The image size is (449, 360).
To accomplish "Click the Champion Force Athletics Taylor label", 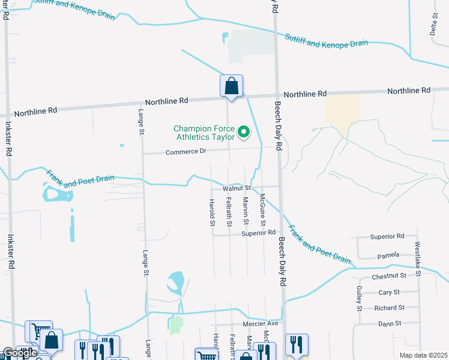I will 204,133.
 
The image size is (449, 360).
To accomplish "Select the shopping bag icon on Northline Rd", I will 231,86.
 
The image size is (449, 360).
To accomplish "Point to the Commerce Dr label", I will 185,151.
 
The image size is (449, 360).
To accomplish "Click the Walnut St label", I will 236,188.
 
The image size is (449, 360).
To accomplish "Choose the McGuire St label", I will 262,206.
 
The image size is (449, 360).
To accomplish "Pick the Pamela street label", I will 388,256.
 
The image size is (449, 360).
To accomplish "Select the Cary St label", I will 389,292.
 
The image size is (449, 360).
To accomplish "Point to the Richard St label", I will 389,308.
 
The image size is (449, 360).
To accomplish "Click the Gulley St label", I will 359,298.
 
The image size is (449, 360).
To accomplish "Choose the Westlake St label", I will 418,259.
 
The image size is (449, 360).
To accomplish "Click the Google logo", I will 20,353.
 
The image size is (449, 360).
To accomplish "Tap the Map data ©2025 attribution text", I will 424,355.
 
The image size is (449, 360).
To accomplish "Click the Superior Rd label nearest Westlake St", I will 387,236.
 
